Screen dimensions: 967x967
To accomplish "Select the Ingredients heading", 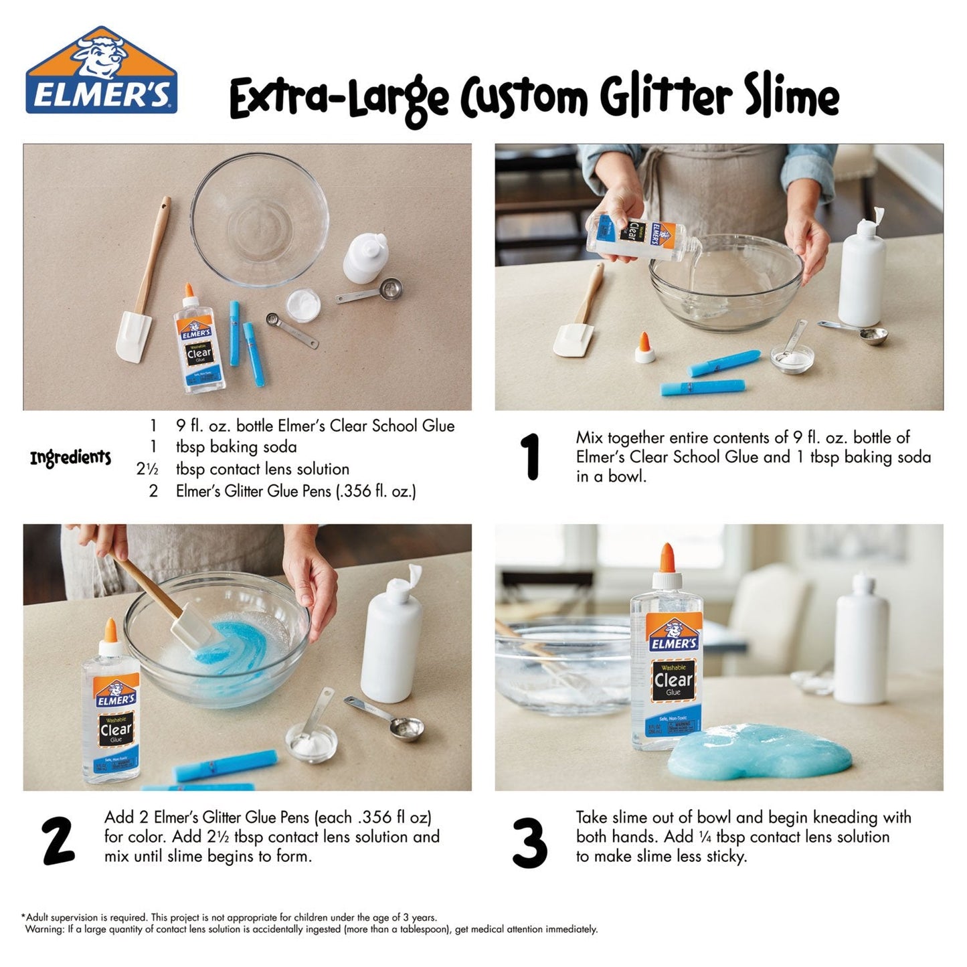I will (70, 458).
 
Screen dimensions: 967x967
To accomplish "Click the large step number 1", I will (531, 457).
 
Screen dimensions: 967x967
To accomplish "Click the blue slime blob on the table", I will (760, 752).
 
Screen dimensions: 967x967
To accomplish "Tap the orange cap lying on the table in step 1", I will (644, 347).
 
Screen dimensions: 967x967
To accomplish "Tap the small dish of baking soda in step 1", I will (792, 357).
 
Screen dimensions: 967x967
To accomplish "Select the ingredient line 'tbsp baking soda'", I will (236, 447).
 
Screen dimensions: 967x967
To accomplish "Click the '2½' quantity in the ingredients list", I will (147, 469).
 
